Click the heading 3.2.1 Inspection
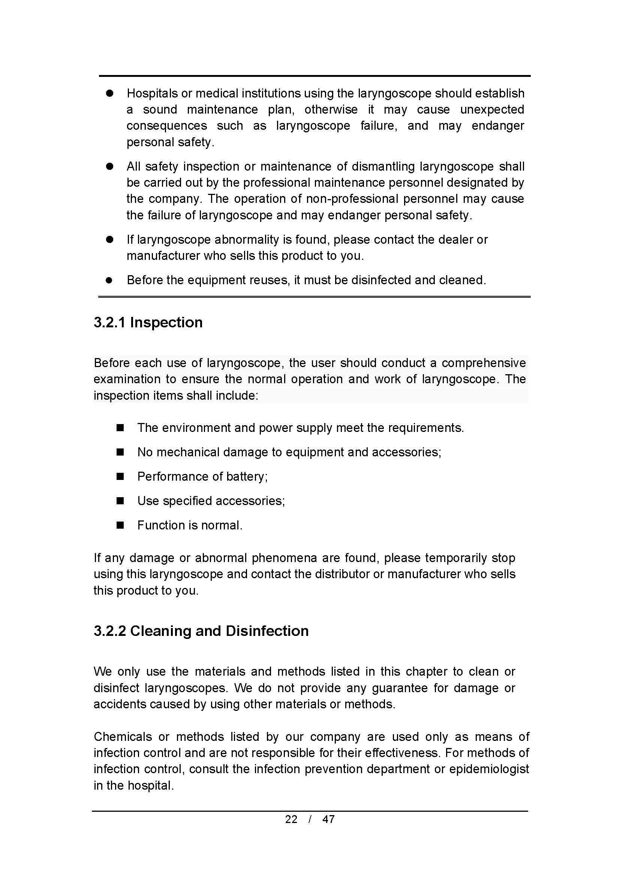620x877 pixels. (148, 323)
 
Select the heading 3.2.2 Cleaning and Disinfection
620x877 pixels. (201, 631)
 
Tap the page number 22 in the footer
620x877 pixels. (291, 819)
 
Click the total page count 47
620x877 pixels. (329, 819)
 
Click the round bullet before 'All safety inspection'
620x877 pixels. (110, 166)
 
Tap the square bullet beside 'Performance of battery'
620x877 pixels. (120, 477)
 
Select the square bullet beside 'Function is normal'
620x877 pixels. (120, 526)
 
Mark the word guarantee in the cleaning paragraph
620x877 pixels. (400, 688)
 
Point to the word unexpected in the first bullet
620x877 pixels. (492, 109)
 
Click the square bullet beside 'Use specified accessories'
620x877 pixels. (120, 501)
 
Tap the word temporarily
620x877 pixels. (456, 558)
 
